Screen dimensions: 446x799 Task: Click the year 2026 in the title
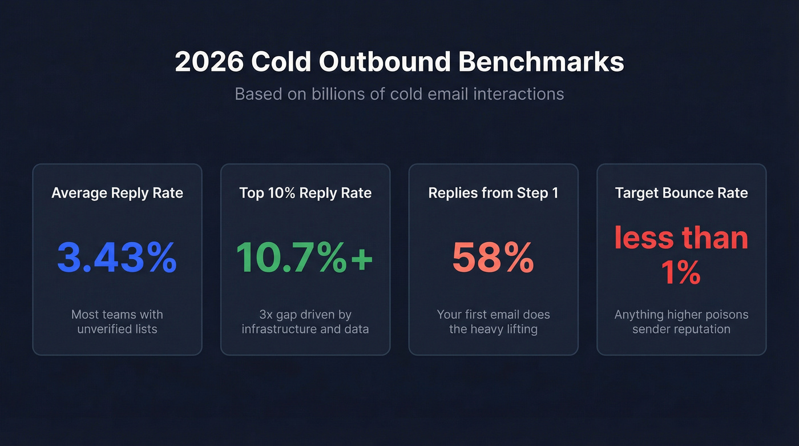(209, 62)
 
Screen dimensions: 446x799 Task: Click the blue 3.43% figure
(117, 258)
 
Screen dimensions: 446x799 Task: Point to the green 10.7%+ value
(304, 258)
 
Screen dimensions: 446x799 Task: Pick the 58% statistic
(493, 258)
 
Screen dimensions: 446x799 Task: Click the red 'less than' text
(681, 237)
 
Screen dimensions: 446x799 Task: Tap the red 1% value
(681, 274)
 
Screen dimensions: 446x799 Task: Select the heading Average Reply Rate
(117, 193)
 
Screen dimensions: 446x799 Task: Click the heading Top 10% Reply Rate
(305, 193)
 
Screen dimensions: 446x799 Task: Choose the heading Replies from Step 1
(493, 193)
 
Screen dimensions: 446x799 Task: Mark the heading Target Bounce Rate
(681, 193)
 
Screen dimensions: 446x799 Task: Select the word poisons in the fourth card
(726, 315)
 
